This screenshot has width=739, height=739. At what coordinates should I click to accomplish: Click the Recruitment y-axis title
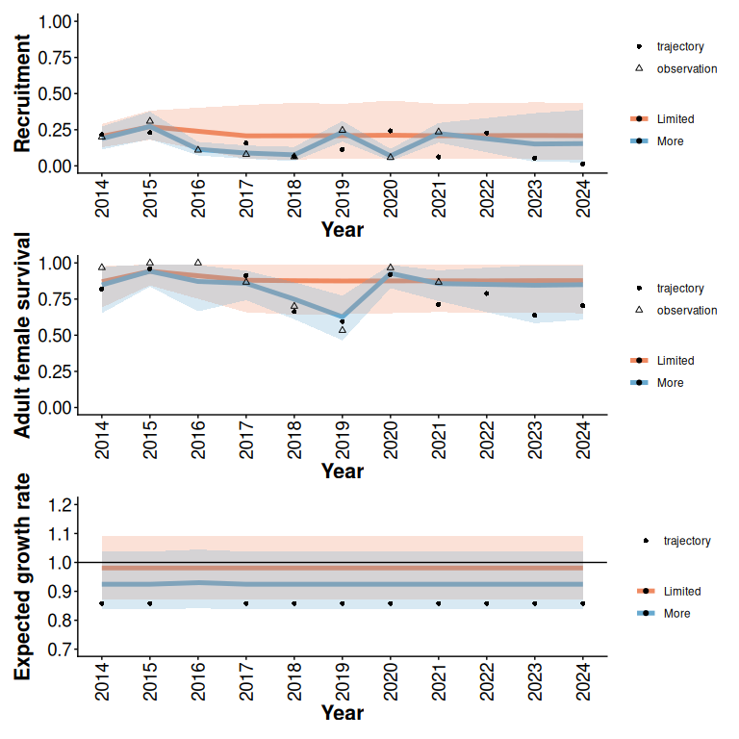23,93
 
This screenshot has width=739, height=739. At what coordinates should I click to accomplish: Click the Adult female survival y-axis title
23,335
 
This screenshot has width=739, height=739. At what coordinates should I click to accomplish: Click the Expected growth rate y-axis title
23,576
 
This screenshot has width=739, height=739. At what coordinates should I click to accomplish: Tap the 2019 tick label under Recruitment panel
343,197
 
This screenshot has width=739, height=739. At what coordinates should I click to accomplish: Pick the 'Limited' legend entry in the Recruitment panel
675,119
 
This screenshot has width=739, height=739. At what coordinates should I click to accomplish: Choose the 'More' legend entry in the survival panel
670,383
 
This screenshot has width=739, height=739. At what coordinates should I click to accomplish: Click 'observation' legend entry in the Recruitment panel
686,69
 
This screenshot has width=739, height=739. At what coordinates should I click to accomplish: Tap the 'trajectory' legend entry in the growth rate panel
686,541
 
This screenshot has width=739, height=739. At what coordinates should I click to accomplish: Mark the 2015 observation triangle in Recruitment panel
150,121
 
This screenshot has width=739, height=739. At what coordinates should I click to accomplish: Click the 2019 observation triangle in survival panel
343,330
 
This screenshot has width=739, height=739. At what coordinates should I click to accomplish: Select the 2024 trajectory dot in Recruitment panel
583,165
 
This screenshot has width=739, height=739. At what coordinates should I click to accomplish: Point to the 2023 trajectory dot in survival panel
535,316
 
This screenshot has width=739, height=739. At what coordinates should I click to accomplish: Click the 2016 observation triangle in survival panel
198,263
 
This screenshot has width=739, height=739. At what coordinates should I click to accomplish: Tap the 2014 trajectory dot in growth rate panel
102,603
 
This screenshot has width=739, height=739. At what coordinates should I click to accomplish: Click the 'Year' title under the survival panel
343,471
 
